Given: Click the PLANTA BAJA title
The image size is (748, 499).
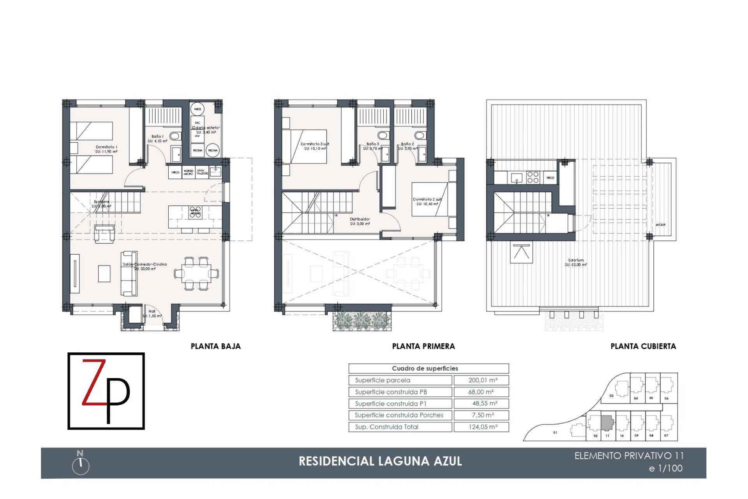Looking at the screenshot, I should click(215, 346).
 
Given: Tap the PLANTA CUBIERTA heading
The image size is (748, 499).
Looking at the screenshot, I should click(643, 346).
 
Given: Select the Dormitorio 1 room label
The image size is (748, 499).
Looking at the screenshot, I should click(106, 149).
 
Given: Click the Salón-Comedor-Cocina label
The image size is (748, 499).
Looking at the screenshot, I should click(145, 266).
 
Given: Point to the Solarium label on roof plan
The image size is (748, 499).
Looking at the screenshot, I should click(576, 262).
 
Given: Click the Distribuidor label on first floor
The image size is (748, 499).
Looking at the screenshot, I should click(360, 221).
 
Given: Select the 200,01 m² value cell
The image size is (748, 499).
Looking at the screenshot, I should click(482, 380).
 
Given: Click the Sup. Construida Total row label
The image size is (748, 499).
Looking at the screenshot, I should click(400, 427).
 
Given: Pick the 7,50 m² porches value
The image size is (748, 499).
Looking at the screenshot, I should click(482, 415).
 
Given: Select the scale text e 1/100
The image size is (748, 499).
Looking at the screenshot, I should click(665, 469).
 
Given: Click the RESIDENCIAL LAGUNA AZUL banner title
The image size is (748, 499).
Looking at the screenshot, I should click(380, 461).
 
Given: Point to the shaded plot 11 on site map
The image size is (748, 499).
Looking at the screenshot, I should click(607, 422).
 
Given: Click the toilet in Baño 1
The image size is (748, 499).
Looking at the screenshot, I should click(175, 136).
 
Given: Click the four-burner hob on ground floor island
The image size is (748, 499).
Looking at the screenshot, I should click(196, 212).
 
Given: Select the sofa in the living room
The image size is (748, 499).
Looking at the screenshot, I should click(129, 273).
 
